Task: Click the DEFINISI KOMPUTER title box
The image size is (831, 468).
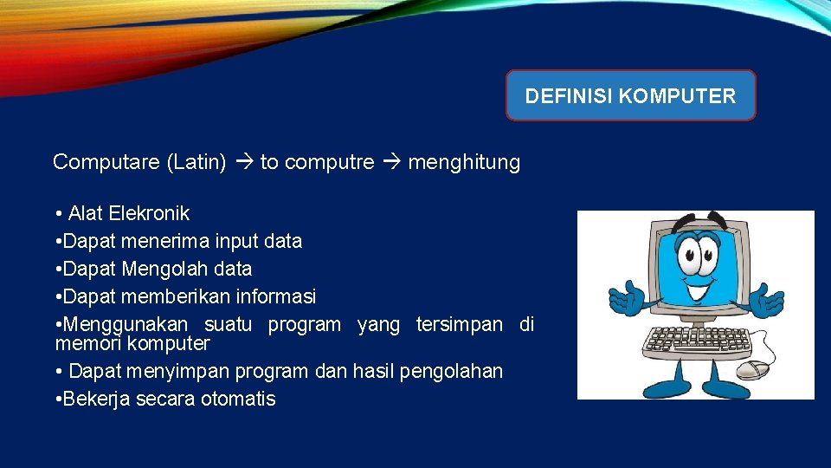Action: pos(630,95)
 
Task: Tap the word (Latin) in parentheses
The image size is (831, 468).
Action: pos(196,162)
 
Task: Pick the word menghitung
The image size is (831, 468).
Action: pos(464,162)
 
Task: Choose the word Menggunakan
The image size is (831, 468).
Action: pos(126,325)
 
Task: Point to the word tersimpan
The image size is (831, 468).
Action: pos(459,325)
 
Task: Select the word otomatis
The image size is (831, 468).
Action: pos(238,399)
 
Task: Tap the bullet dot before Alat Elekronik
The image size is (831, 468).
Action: pos(57,213)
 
